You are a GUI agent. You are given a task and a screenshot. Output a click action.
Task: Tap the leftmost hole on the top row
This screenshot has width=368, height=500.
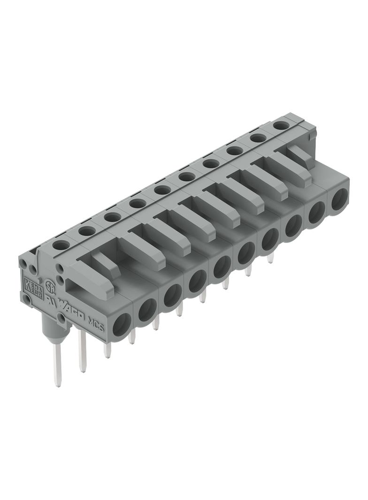pos(60,244)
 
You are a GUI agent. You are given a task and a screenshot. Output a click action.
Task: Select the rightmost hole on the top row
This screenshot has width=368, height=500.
pos(281,125)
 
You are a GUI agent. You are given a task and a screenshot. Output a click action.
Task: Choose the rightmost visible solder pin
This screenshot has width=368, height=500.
pos(270,258)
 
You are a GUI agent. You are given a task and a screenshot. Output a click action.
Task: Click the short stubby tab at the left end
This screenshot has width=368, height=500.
pos(105,261)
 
